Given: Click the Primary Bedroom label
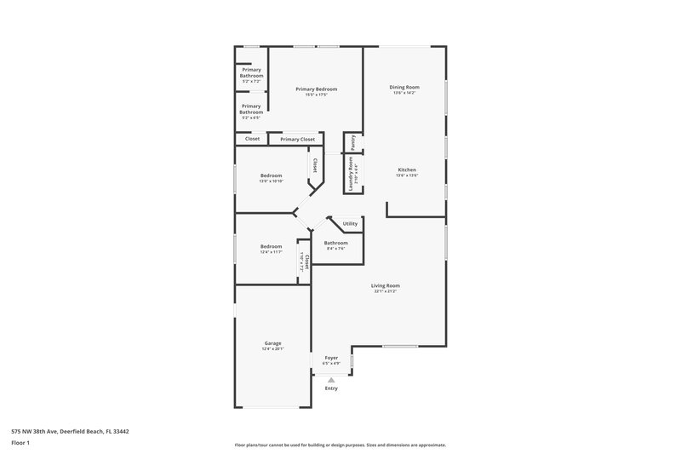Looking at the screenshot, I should pos(316,89).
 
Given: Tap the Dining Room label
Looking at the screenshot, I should pos(404,87).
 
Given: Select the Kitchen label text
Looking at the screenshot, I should pos(407,170).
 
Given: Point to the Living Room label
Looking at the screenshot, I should pos(385,285).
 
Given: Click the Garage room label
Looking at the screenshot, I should pos(272,343).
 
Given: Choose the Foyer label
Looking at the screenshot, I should pos(331,358).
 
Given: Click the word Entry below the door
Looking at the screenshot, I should pos(331,388).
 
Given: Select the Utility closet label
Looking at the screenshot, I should pos(350,224).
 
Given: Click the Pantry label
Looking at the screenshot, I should pos(352,142).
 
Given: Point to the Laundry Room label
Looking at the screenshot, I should pos(350,173).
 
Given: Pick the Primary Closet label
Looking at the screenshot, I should pos(297,139).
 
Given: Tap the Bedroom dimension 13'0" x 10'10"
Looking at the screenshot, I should pos(272,181).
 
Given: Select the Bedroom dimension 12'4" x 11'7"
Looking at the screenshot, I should pos(272,252).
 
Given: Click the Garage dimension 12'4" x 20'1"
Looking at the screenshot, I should pos(272,349).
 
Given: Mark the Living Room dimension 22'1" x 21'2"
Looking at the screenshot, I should pos(385,291).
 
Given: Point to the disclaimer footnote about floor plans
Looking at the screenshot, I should pos(340,445).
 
